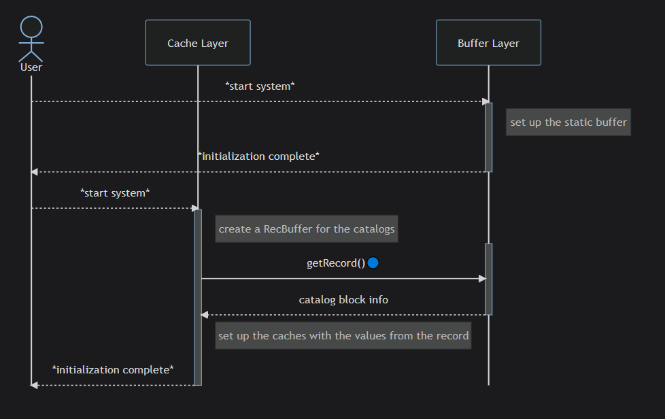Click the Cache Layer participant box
pos(198,43)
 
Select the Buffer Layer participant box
pos(488,43)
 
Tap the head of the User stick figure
pos(31,27)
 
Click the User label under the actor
pos(31,67)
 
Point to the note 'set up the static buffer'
pos(568,122)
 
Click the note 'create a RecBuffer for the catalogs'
pos(307,229)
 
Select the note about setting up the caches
pos(343,335)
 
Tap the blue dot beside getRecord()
pos(373,263)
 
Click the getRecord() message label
pos(336,263)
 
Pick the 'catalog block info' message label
pos(343,300)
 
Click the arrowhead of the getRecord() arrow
pos(482,279)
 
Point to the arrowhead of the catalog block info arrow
pos(205,315)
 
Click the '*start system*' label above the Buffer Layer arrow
pos(260,86)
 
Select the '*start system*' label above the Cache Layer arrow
pos(115,193)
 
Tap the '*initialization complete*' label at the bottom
pos(113,370)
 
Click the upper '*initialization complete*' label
pos(258,156)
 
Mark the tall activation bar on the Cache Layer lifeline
pos(198,297)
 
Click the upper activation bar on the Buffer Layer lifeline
pos(489,137)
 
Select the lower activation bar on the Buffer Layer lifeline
pos(489,280)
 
